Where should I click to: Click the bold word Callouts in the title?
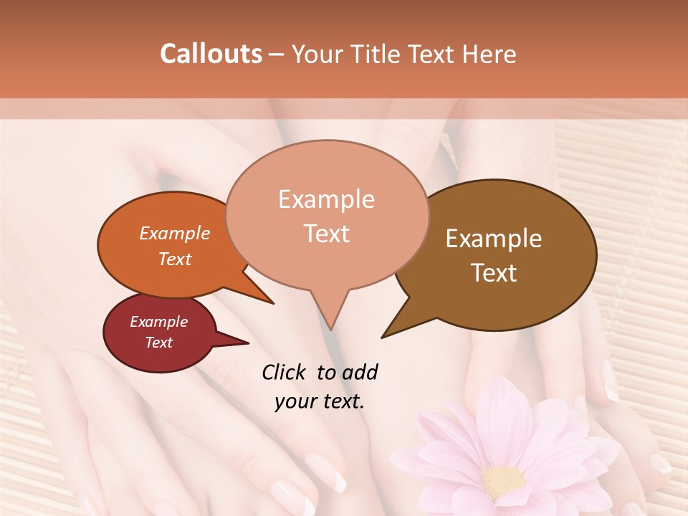pos(211,54)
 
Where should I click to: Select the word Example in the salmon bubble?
pos(326,199)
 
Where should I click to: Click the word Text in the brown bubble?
pos(494,273)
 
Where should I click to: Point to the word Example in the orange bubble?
pos(175,233)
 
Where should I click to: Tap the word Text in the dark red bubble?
pos(159,343)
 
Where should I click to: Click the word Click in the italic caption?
pos(283,372)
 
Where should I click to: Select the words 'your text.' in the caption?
pos(320,401)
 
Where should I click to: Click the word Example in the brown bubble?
pos(494,239)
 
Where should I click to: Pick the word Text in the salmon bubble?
pos(326,234)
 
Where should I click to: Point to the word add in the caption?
pos(360,372)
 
